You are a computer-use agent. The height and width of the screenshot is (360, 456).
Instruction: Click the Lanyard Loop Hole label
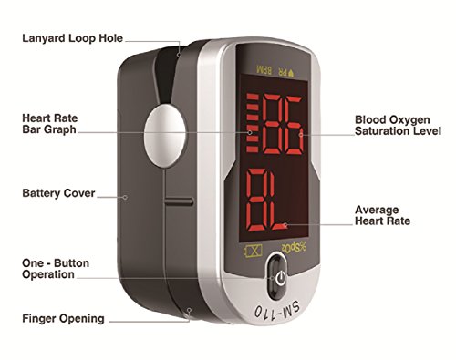(x=74, y=39)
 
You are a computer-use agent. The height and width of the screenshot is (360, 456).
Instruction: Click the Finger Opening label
(x=63, y=319)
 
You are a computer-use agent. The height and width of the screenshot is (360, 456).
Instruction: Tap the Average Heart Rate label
(x=380, y=214)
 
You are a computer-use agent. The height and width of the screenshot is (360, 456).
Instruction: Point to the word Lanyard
(x=45, y=39)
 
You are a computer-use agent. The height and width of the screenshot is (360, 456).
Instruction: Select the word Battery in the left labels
(x=40, y=193)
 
